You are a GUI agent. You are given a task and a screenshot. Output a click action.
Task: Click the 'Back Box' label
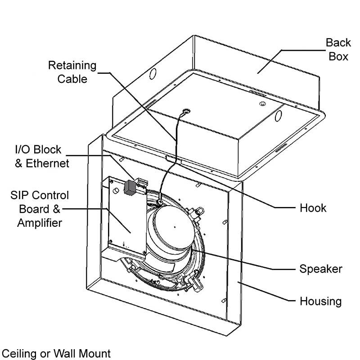[x=338, y=49]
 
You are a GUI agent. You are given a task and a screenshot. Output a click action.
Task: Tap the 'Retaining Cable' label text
[x=72, y=72]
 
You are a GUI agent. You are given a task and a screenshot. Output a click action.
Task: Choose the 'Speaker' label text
[x=320, y=269]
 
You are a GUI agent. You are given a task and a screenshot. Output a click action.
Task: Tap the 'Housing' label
[x=320, y=301]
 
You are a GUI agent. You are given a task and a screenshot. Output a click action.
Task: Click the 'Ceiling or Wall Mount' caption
[x=56, y=353]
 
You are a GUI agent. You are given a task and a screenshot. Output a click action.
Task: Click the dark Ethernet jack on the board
[x=130, y=187]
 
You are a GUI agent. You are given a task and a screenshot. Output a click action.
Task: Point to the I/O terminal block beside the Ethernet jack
[x=142, y=182]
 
